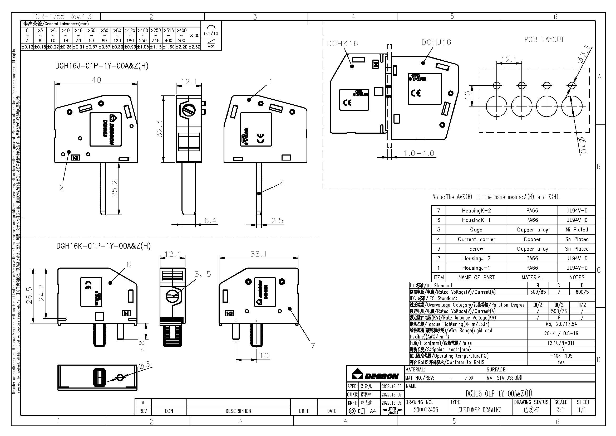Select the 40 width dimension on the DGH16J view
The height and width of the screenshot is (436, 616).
96,80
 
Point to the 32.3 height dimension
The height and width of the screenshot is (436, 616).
159,129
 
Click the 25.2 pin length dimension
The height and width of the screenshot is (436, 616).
115,188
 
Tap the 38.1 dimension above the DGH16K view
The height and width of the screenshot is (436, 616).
258,254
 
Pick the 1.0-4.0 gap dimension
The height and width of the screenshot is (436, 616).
419,153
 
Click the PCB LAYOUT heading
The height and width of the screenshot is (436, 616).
544,40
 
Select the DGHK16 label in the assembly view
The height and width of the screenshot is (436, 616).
342,43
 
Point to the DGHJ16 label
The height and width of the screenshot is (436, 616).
436,42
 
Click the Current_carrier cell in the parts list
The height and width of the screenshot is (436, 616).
476,239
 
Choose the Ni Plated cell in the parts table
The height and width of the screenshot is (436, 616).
576,230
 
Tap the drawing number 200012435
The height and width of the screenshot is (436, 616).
426,410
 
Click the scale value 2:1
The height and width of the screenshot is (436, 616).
560,410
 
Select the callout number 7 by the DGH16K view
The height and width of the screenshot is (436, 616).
313,346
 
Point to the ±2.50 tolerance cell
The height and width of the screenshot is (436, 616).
194,47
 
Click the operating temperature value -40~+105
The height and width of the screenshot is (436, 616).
561,356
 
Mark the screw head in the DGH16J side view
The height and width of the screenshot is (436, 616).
189,110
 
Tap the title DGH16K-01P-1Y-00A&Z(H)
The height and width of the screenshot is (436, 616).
103,246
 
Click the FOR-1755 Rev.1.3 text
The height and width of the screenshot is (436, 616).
62,17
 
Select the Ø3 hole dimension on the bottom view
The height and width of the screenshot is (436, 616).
144,365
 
